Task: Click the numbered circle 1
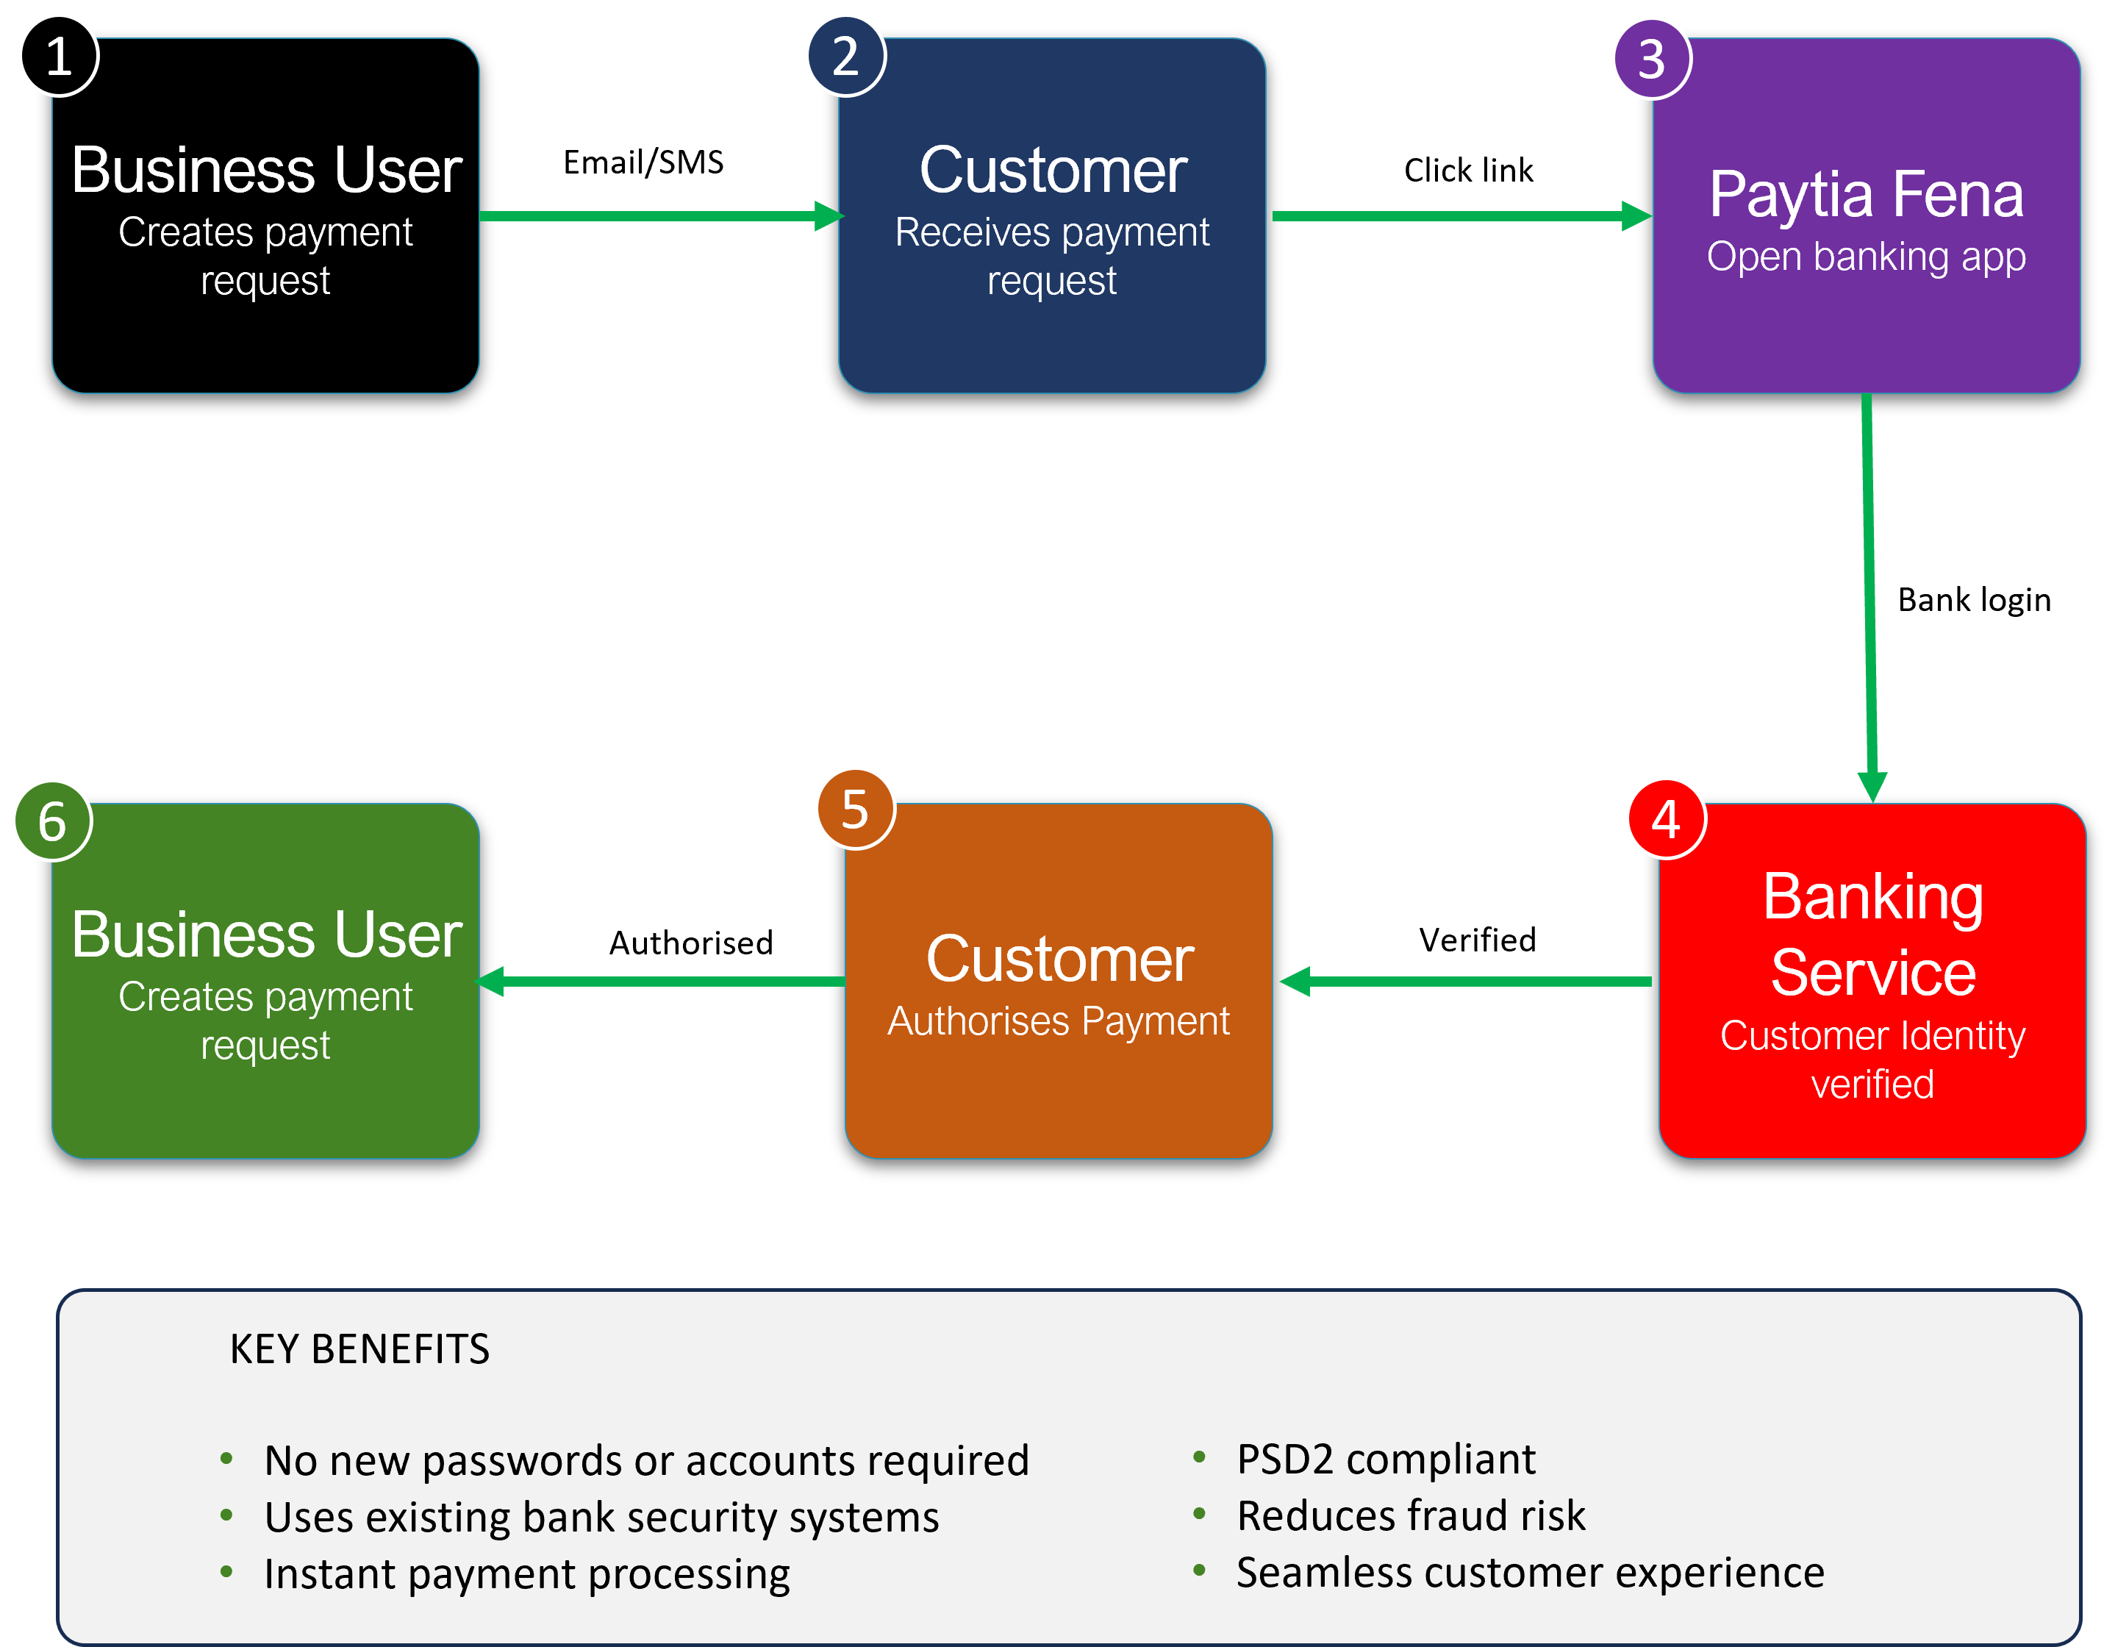tap(59, 56)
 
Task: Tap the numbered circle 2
tap(845, 56)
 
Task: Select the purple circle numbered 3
tap(1652, 59)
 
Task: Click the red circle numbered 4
tap(1667, 818)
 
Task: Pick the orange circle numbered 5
tap(855, 808)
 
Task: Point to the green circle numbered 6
tap(52, 821)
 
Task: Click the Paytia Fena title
tap(1866, 194)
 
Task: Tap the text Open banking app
tap(1866, 257)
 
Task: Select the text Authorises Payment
tap(1058, 1021)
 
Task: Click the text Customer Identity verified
tap(1872, 1059)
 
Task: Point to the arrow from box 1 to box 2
tap(660, 216)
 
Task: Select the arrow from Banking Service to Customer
tap(1466, 982)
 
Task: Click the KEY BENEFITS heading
tap(359, 1349)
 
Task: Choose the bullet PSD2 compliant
tap(1386, 1459)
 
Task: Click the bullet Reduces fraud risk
tap(1411, 1516)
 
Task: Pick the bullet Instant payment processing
tap(526, 1573)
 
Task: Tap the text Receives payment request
tap(1052, 257)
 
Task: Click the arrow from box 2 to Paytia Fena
tap(1461, 216)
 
